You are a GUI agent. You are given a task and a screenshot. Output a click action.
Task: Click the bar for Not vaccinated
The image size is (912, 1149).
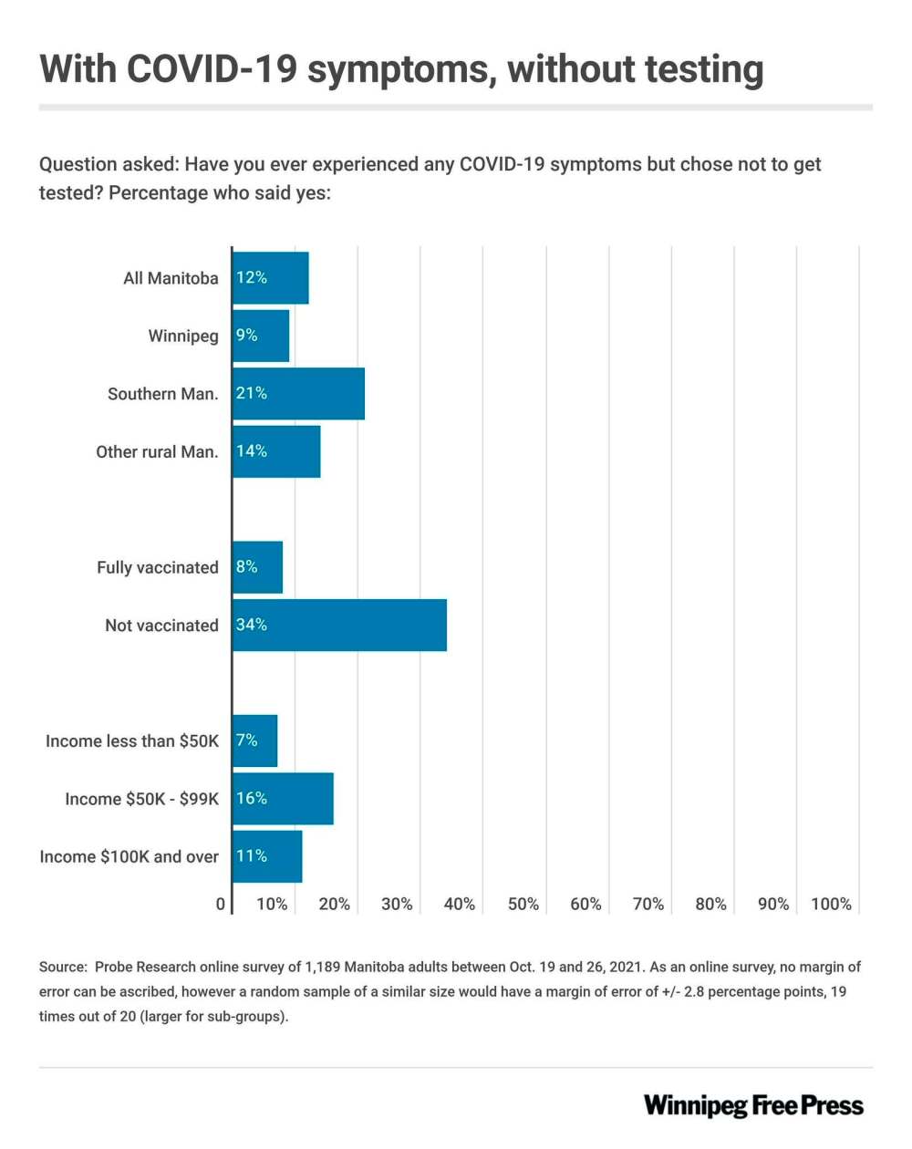[339, 626]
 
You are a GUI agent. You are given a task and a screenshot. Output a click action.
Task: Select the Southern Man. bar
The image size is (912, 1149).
[298, 394]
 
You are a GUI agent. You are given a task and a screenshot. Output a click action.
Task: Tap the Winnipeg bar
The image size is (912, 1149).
[261, 336]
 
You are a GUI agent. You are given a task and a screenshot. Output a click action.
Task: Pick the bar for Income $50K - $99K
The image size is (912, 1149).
[283, 799]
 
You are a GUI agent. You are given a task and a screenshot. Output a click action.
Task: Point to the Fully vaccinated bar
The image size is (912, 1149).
[257, 567]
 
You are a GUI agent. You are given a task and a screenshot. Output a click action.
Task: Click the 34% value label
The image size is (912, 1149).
[252, 625]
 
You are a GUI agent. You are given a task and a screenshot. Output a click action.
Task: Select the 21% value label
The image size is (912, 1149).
[252, 393]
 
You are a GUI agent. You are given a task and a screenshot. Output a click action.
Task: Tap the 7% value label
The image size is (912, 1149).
[247, 740]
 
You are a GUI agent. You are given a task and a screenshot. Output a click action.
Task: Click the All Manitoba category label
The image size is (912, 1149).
[171, 278]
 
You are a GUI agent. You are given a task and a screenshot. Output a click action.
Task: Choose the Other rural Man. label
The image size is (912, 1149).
[157, 451]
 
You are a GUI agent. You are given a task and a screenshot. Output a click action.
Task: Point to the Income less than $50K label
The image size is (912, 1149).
[132, 741]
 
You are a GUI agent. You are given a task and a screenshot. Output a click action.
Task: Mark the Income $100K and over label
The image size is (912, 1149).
[129, 857]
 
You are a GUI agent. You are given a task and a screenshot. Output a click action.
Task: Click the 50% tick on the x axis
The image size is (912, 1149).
[523, 904]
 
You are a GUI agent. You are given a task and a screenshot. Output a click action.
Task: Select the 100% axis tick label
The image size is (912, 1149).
[831, 904]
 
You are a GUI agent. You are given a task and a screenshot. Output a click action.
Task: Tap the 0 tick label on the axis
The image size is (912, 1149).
[221, 904]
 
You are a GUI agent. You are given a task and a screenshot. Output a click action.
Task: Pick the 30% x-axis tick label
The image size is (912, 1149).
[397, 904]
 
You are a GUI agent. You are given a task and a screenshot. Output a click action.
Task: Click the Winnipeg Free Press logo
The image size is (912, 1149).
[753, 1106]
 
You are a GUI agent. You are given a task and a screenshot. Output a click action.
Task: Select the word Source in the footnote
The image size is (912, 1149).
[63, 967]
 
